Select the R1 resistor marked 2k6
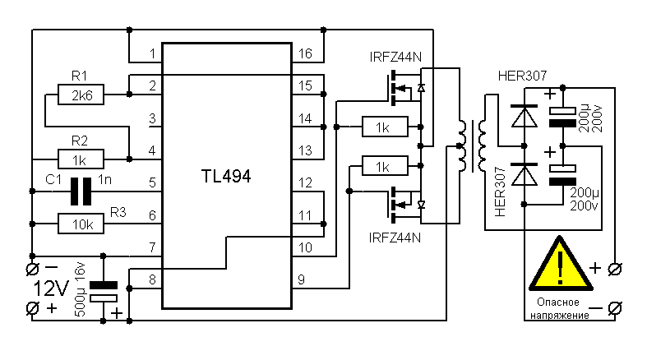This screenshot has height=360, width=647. click(82, 95)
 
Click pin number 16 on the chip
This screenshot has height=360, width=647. click(305, 54)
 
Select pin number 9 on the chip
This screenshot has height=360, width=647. click(302, 279)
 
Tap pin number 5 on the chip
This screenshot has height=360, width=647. click(152, 183)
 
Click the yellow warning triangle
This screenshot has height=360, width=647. click(561, 265)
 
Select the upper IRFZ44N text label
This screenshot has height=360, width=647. click(396, 59)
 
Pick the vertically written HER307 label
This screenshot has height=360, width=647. click(501, 194)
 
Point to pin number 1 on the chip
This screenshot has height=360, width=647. click(152, 54)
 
